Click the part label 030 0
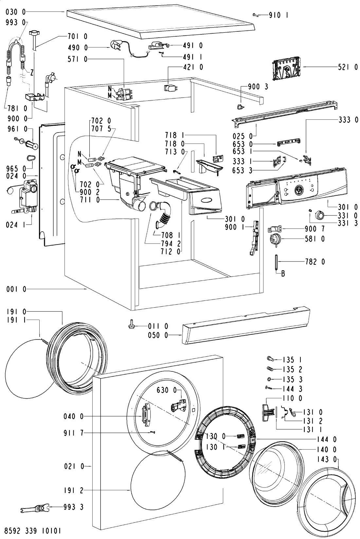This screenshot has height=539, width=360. (x=15, y=12)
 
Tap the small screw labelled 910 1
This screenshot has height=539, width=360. (x=255, y=15)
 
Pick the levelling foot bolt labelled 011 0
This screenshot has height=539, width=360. (x=131, y=325)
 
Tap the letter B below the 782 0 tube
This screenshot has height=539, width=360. (x=283, y=274)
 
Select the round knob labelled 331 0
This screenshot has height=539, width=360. (x=320, y=215)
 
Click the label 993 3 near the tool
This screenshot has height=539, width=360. (x=73, y=507)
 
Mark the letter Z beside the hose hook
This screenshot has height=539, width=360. (x=31, y=72)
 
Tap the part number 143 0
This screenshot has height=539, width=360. (x=326, y=459)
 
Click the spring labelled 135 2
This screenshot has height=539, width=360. (x=270, y=368)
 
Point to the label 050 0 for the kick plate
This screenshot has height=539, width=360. (x=158, y=335)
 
